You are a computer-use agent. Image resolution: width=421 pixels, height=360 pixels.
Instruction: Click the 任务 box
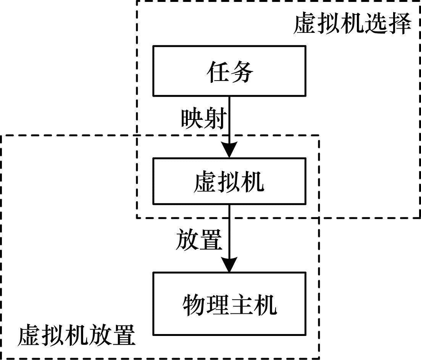(229, 71)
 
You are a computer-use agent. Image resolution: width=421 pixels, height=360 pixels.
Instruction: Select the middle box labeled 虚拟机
(229, 181)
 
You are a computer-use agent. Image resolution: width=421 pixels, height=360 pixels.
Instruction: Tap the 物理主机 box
(229, 303)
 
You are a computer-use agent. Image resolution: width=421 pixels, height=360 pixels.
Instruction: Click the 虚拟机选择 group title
(352, 24)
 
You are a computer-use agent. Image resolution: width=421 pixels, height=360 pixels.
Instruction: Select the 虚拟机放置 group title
(76, 335)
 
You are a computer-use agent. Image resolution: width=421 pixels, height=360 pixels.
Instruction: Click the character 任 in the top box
(218, 71)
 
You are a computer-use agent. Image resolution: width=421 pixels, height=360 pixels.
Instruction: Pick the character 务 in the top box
(241, 71)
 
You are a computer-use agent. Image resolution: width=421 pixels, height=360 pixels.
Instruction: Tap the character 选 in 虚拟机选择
(375, 24)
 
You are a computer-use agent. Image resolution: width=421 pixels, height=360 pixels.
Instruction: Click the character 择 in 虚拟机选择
(399, 24)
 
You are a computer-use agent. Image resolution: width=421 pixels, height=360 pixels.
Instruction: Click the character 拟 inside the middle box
(229, 182)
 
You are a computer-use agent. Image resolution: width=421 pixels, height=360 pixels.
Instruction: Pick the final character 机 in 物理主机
(265, 304)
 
